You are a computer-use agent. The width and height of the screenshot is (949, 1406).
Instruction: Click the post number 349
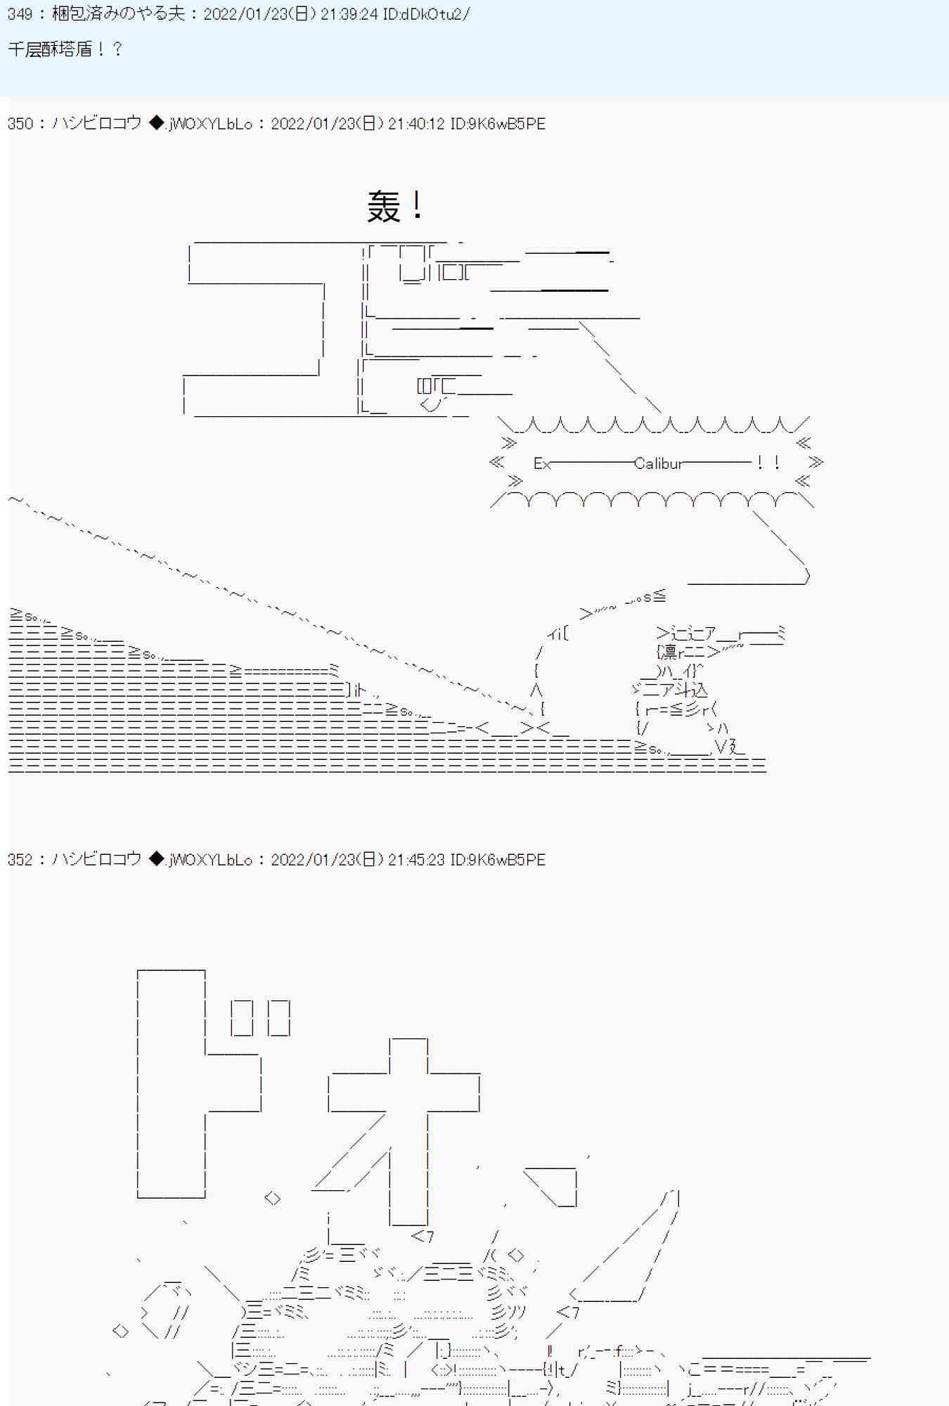click(x=20, y=14)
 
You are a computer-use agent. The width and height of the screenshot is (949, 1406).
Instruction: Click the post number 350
click(x=20, y=124)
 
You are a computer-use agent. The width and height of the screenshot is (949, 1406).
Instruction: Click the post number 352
click(x=20, y=860)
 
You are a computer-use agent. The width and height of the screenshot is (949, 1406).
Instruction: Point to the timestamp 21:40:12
click(x=415, y=124)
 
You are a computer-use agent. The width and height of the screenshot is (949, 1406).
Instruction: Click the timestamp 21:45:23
click(x=415, y=860)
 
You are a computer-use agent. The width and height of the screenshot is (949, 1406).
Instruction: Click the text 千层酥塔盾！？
click(x=65, y=49)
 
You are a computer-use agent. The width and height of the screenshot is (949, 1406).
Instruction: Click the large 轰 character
click(x=384, y=207)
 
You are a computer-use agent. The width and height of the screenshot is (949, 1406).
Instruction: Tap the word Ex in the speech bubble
click(x=541, y=463)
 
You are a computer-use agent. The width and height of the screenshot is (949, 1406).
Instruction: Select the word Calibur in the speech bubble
click(x=658, y=463)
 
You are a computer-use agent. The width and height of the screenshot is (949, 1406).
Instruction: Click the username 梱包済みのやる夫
click(x=118, y=14)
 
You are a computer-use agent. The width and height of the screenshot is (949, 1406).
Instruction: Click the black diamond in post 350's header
click(x=156, y=123)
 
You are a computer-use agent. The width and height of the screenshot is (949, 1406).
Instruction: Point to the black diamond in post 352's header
click(x=156, y=859)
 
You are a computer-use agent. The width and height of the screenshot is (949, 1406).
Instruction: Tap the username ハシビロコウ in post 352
click(x=97, y=860)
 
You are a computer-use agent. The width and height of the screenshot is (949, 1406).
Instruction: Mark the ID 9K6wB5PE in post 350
click(x=498, y=124)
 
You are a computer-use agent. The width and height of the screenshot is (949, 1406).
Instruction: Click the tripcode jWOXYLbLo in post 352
click(x=210, y=860)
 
